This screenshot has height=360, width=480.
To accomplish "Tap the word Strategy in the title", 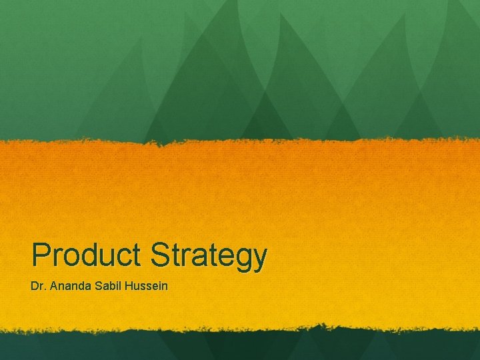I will click(209, 256).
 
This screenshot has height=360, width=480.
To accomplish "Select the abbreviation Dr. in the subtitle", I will click(37, 286).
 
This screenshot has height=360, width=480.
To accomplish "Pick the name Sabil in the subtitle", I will click(108, 286).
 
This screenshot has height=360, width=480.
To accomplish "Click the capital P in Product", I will click(41, 255).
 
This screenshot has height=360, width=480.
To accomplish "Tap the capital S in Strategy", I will click(160, 255).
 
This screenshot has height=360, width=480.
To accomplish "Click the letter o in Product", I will click(70, 257).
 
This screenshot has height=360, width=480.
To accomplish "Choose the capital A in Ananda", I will click(52, 286).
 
